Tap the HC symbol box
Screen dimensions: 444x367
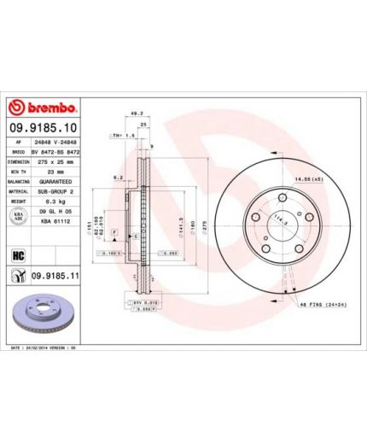click(17, 254)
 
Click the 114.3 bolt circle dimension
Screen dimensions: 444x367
click(275, 225)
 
